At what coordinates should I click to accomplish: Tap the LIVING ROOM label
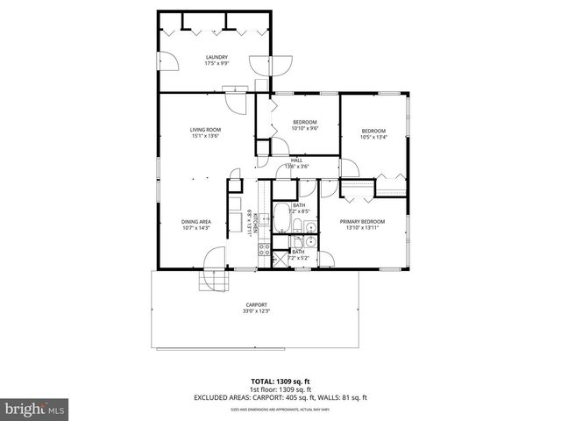click(x=205, y=130)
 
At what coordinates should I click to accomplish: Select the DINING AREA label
click(x=195, y=221)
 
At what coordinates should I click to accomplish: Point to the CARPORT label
click(x=256, y=304)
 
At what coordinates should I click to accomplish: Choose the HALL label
click(x=296, y=160)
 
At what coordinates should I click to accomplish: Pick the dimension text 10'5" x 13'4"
click(x=373, y=136)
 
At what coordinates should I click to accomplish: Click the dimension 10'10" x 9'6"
click(x=304, y=128)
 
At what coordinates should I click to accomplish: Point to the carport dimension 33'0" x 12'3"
click(x=256, y=311)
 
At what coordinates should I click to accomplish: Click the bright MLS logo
click(x=33, y=409)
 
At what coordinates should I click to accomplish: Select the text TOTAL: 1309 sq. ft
click(x=280, y=382)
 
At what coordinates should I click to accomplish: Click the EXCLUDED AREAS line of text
click(x=280, y=396)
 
